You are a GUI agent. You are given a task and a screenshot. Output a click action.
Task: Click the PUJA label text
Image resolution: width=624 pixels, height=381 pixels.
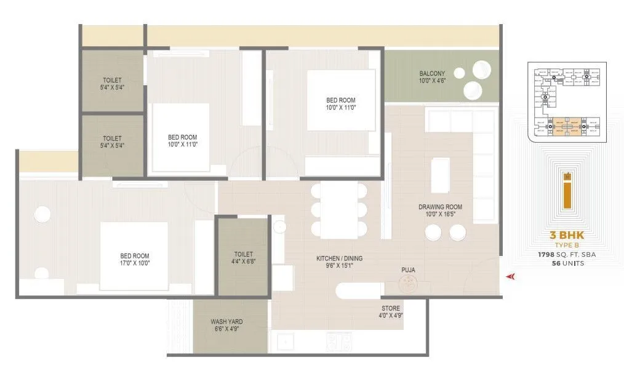pyautogui.click(x=408, y=269)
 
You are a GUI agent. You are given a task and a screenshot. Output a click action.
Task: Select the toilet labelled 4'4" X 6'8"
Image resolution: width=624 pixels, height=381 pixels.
pyautogui.click(x=243, y=258)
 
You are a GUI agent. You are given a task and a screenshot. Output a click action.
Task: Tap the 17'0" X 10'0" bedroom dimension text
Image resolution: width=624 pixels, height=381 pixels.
pyautogui.click(x=134, y=263)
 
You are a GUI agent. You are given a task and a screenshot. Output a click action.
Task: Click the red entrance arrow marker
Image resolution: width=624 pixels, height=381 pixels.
pyautogui.click(x=510, y=277)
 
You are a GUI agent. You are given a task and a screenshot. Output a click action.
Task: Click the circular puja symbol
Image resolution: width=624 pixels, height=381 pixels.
pyautogui.click(x=407, y=283)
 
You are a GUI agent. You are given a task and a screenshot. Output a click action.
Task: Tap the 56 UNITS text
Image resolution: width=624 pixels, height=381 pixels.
pyautogui.click(x=564, y=263)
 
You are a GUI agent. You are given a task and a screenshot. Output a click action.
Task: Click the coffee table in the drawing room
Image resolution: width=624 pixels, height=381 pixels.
pyautogui.click(x=440, y=175)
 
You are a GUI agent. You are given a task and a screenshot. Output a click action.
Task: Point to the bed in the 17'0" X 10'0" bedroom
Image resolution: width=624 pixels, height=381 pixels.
pyautogui.click(x=134, y=255)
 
